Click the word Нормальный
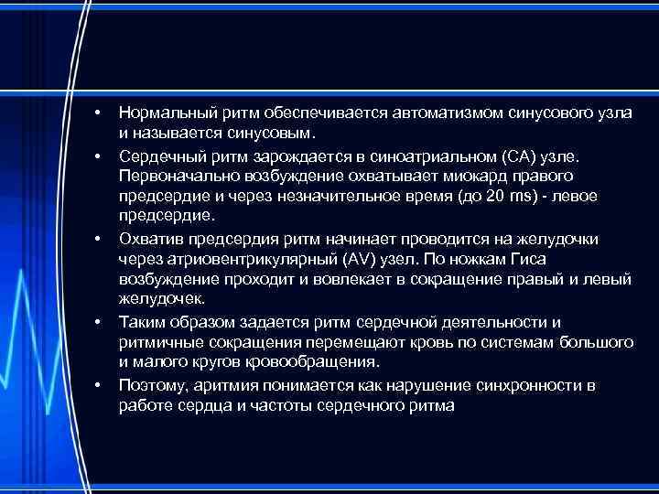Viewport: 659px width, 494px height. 162,112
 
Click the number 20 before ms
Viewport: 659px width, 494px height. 496,196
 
